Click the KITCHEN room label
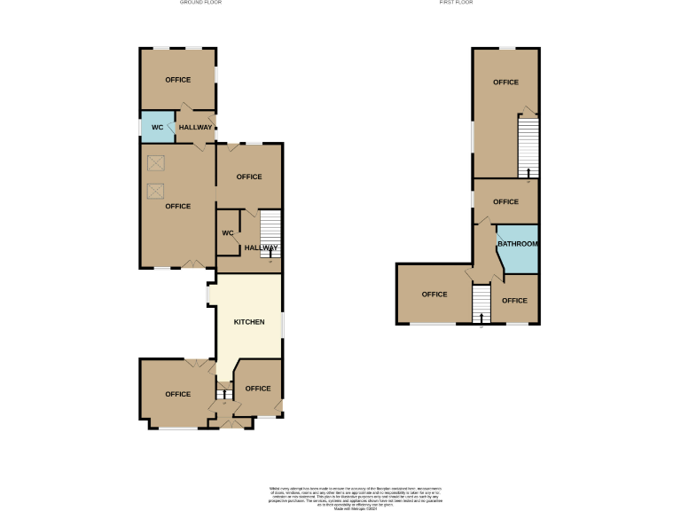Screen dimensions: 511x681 pos(249,321)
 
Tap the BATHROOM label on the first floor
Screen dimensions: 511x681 pos(517,244)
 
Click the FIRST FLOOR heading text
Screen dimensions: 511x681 pos(456,3)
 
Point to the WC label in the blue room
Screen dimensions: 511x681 pos(157,128)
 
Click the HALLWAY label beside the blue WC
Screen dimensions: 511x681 pos(196,128)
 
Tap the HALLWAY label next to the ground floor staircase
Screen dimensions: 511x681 pos(262,248)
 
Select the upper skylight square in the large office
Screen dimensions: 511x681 pos(156,163)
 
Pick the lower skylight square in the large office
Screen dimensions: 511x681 pos(156,190)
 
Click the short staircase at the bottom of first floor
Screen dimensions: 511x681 pos(481,304)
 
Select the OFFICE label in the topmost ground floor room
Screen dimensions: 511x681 pos(178,80)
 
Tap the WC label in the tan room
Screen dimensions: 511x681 pos(227,233)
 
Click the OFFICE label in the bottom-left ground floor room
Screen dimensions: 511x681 pos(178,394)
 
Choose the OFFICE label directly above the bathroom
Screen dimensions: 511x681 pos(505,201)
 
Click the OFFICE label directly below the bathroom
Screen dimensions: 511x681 pos(514,301)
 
